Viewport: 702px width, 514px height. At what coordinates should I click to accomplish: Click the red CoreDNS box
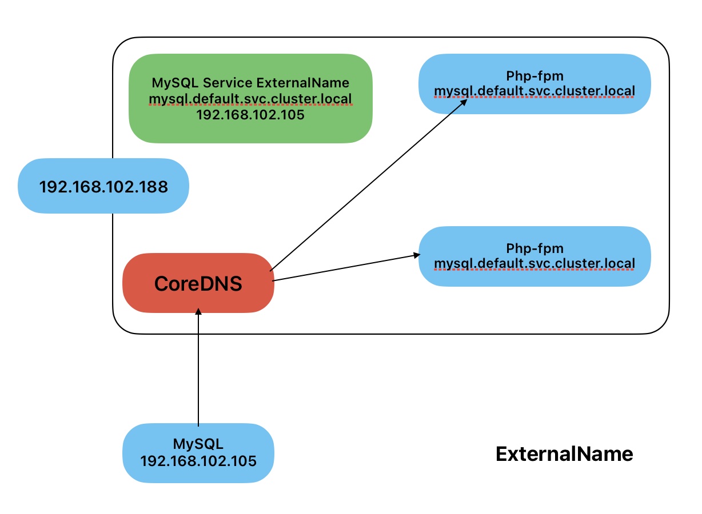198,283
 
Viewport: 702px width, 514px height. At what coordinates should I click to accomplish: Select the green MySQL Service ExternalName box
250,98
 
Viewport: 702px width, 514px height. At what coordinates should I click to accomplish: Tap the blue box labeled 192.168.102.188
103,186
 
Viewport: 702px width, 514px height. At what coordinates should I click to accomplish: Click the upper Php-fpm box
535,83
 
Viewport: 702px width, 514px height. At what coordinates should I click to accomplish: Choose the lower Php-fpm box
535,256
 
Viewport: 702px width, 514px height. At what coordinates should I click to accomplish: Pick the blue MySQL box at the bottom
198,452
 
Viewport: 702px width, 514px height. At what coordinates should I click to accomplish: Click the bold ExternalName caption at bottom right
564,454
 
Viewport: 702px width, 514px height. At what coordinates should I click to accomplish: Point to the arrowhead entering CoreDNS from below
198,312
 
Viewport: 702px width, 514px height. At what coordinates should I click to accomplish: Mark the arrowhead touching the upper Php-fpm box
465,102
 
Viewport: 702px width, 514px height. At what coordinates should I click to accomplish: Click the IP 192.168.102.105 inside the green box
250,114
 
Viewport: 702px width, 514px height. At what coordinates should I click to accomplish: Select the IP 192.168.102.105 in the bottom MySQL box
198,461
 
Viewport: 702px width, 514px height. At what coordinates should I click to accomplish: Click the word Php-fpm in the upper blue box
535,76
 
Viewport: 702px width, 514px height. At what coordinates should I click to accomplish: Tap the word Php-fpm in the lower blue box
535,248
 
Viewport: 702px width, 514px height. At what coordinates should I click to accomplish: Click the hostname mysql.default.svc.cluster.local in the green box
250,99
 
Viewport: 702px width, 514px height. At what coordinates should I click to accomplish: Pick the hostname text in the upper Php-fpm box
535,91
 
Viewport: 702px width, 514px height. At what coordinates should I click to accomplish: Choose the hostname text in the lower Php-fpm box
535,263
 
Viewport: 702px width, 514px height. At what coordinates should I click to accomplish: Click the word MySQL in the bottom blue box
198,444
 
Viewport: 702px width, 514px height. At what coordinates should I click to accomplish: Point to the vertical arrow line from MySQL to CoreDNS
198,371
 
